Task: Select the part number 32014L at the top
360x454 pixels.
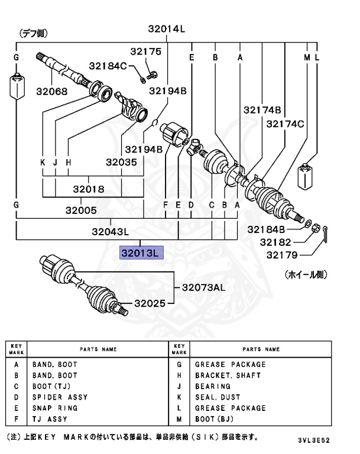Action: click(x=167, y=29)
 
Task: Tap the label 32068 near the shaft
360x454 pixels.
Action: click(x=51, y=92)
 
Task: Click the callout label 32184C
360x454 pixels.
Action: click(x=108, y=66)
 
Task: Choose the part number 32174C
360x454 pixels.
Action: click(x=285, y=124)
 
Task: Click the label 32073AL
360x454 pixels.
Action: click(x=203, y=288)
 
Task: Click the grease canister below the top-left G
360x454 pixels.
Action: click(x=17, y=87)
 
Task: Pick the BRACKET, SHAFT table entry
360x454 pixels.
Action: click(x=228, y=375)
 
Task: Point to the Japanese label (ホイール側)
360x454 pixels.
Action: click(x=306, y=275)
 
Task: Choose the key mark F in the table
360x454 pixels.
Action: click(x=17, y=419)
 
